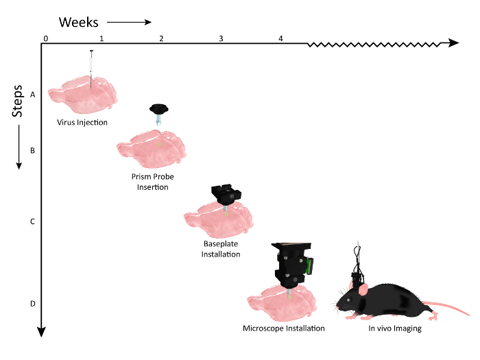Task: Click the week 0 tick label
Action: (x=45, y=38)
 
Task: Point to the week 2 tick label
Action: (x=161, y=38)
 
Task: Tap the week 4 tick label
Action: (x=281, y=38)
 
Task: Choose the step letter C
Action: (x=32, y=221)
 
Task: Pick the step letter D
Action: (x=32, y=304)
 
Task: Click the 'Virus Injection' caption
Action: (x=82, y=123)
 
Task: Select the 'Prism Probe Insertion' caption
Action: (x=152, y=182)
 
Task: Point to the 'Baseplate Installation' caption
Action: (x=221, y=249)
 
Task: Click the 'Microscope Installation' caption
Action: (x=284, y=328)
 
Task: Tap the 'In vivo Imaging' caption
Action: (x=394, y=328)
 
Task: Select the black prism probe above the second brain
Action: (x=160, y=109)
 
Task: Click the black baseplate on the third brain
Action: (x=225, y=193)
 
